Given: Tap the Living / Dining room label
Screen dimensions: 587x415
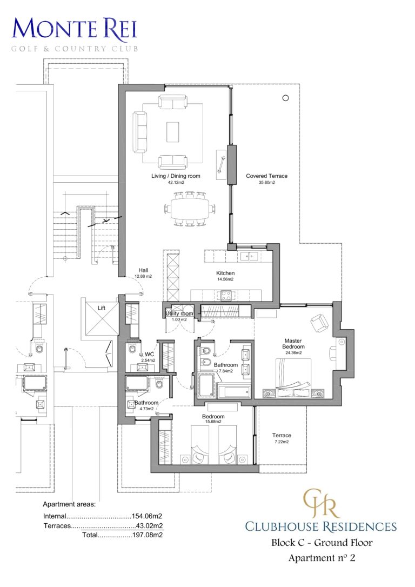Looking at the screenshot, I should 176,176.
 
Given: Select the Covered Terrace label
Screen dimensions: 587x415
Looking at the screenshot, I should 266,176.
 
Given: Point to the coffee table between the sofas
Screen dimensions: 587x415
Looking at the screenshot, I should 172,131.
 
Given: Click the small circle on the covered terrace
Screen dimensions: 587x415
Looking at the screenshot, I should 285,98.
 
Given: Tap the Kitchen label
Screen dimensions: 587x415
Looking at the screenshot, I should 225,274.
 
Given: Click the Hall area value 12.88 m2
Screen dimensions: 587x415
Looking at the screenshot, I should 143,276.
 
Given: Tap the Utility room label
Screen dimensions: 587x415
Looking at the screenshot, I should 179,313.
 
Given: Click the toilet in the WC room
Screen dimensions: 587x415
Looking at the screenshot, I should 133,349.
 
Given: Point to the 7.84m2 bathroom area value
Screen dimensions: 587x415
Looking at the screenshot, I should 225,371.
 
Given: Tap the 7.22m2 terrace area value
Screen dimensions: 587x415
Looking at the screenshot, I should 282,442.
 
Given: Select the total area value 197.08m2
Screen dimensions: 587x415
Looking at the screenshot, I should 148,535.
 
